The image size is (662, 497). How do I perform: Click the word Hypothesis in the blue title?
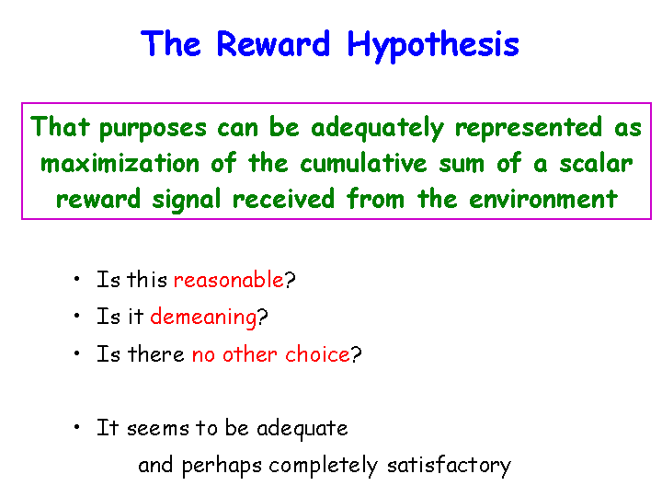[433, 46]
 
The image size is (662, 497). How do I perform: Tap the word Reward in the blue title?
[273, 43]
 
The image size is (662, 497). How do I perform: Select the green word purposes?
[153, 129]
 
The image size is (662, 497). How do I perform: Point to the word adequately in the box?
[377, 128]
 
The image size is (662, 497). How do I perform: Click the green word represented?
[529, 128]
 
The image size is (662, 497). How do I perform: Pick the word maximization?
[120, 163]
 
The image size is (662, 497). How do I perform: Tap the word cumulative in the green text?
[363, 163]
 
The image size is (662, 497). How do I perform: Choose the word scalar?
[596, 163]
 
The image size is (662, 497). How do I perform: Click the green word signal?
[186, 199]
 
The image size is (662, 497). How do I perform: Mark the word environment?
[543, 199]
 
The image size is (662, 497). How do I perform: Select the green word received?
[283, 199]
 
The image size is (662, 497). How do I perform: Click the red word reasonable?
[228, 280]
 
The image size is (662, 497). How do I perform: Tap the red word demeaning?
[203, 317]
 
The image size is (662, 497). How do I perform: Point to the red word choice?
[317, 353]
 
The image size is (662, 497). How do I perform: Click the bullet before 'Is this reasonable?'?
[76, 279]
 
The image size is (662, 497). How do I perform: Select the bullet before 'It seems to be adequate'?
[76, 427]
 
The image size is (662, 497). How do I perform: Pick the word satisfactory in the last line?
[449, 466]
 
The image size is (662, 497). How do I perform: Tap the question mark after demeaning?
[262, 316]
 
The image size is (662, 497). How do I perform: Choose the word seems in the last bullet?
[157, 429]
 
